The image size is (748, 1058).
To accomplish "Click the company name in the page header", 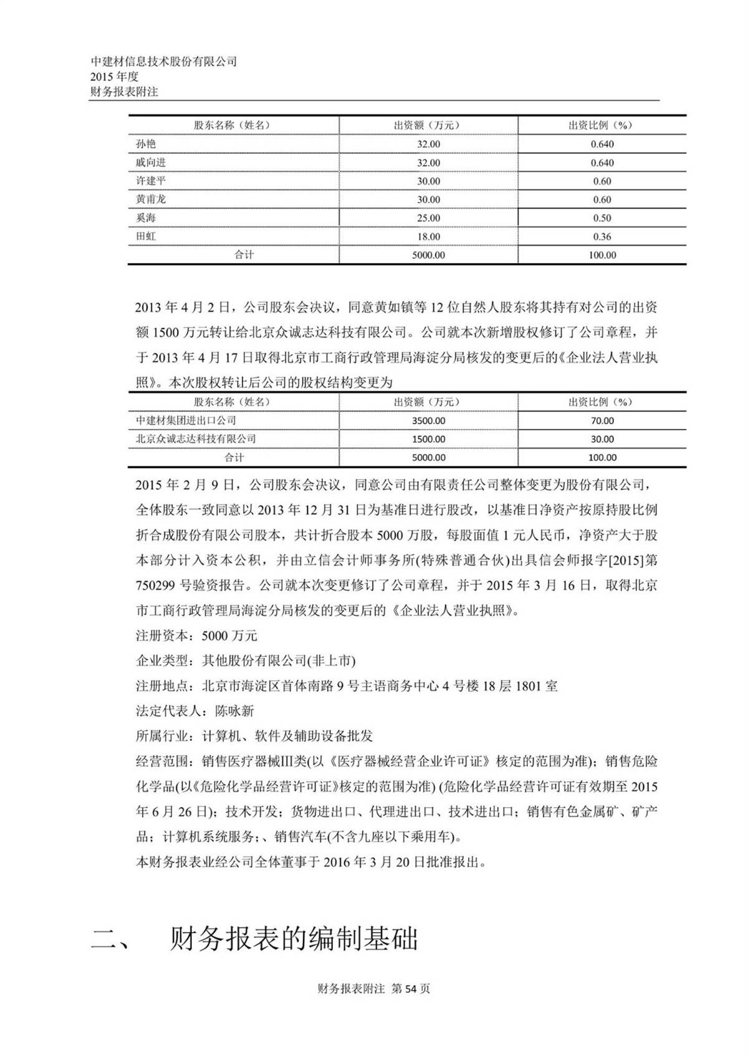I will click(x=164, y=62).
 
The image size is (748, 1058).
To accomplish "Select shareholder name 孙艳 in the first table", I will click(x=146, y=144).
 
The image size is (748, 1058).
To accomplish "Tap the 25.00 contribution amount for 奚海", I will click(x=428, y=218).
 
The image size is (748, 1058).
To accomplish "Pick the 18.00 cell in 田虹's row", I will click(x=428, y=237).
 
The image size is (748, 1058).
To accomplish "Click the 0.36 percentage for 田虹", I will click(x=602, y=237).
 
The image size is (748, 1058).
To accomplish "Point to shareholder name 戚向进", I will click(x=151, y=163).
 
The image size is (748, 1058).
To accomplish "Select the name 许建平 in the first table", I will click(x=151, y=181).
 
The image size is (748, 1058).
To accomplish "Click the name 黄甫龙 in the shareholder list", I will click(x=151, y=200).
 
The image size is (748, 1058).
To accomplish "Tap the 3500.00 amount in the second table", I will click(x=428, y=421).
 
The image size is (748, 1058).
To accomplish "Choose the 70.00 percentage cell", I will click(x=602, y=421).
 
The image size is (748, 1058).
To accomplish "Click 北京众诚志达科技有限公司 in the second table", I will click(x=196, y=439).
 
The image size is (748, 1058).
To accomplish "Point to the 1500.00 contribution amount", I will click(x=428, y=439).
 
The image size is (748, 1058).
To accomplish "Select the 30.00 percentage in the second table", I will click(x=602, y=439).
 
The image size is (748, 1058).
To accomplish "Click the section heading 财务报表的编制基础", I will click(x=293, y=940).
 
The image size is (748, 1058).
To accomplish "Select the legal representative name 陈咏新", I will click(x=234, y=711).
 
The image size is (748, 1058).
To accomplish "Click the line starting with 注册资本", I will click(x=196, y=636).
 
